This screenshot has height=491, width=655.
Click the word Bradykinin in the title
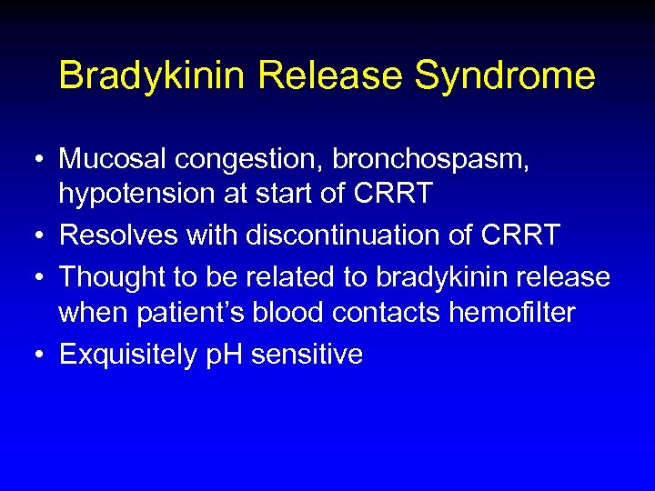click(x=152, y=75)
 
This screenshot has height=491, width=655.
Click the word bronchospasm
click(x=427, y=159)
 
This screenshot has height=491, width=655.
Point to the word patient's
click(x=183, y=313)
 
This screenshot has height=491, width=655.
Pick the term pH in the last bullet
click(x=223, y=354)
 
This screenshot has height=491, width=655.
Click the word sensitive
click(x=307, y=354)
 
